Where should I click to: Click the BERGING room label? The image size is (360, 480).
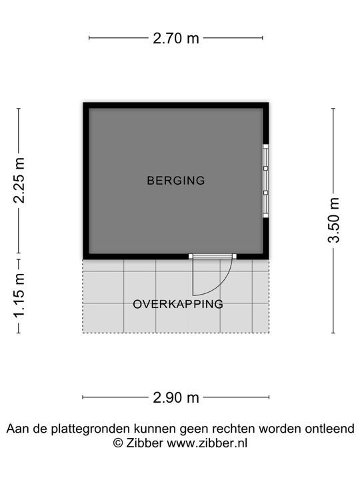pyautogui.click(x=176, y=180)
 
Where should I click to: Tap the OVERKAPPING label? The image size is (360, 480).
pyautogui.click(x=178, y=304)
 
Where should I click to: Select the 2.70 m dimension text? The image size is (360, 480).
pyautogui.click(x=176, y=38)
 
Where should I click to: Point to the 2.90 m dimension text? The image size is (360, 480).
pyautogui.click(x=176, y=397)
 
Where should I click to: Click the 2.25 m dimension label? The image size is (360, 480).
pyautogui.click(x=19, y=180)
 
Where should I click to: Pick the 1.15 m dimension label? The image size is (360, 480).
pyautogui.click(x=19, y=296)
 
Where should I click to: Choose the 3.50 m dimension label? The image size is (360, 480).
pyautogui.click(x=333, y=221)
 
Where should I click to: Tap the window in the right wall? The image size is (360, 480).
pyautogui.click(x=266, y=181)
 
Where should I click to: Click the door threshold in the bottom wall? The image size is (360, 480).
pyautogui.click(x=213, y=256)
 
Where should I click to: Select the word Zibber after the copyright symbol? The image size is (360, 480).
pyautogui.click(x=145, y=443)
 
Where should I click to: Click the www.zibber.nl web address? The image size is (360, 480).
pyautogui.click(x=207, y=443)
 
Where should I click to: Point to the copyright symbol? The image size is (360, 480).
pyautogui.click(x=118, y=443)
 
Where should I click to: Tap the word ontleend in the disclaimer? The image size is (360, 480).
pyautogui.click(x=330, y=429)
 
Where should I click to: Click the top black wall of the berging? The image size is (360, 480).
pyautogui.click(x=176, y=105)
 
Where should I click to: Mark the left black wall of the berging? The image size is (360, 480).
pyautogui.click(x=86, y=181)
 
